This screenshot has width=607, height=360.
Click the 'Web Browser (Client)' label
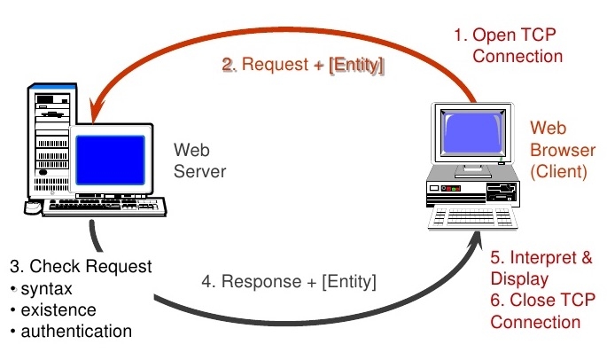click(x=562, y=150)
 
